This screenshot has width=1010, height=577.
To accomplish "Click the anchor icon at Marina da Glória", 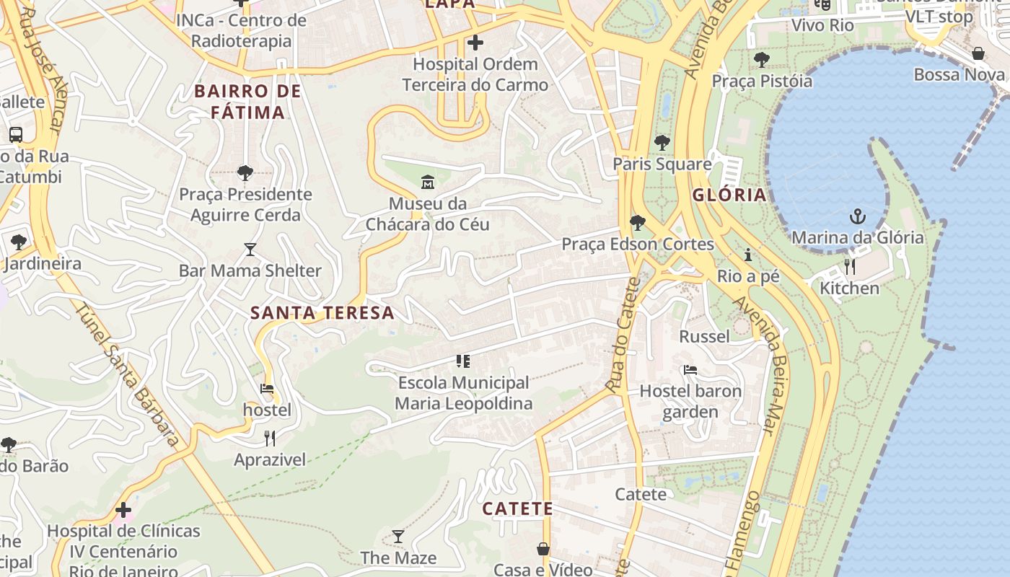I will (857, 216).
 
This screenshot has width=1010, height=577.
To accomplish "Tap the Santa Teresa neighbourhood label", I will (322, 313).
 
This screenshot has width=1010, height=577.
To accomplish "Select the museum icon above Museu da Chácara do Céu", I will (427, 182).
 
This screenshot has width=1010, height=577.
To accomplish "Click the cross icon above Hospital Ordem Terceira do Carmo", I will (475, 43).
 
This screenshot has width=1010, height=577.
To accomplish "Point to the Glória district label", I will (729, 195).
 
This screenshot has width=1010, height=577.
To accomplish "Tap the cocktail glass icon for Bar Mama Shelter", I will (250, 250).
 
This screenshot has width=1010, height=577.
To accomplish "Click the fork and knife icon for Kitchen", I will (849, 267).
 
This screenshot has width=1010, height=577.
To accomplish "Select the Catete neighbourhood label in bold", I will (517, 508).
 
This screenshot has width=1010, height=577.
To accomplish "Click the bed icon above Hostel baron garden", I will (690, 370).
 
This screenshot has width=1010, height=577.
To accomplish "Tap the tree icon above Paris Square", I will (662, 143).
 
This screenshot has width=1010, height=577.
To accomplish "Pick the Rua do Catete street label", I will (624, 335).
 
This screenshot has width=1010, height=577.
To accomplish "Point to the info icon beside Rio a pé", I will (748, 255).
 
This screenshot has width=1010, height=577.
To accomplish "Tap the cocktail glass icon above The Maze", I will (398, 537).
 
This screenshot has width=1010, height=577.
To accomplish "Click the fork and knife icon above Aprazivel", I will (270, 438).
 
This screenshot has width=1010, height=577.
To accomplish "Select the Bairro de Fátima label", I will (247, 102).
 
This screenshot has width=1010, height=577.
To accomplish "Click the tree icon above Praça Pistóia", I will (761, 60).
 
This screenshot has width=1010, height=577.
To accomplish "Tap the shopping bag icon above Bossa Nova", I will (978, 53).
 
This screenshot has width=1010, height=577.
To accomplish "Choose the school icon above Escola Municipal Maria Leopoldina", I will (462, 361).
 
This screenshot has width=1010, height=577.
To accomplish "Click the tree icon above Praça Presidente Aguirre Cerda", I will (245, 173).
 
